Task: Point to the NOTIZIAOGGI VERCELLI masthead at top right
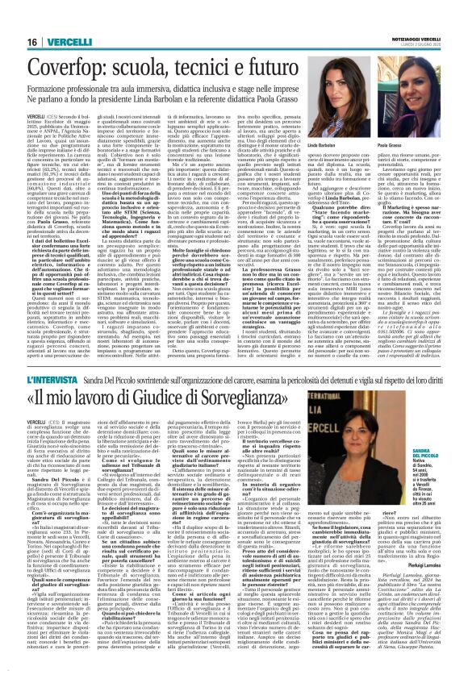(x=427, y=15)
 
